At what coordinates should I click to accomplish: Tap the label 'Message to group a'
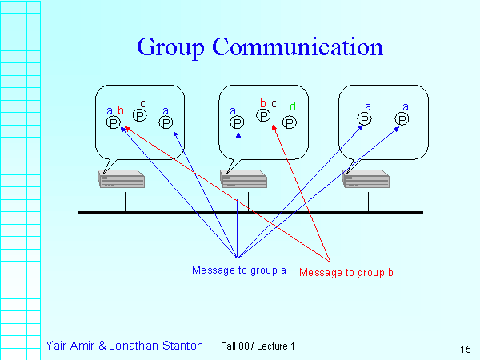239,270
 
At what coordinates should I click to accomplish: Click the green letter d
293,106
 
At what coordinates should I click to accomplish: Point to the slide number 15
466,349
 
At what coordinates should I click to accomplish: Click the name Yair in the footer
57,346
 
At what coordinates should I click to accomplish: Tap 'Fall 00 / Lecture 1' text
258,346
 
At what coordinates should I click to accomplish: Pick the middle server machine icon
243,179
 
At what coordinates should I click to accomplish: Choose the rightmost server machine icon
366,179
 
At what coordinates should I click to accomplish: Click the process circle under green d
290,122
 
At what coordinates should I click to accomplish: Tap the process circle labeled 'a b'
114,122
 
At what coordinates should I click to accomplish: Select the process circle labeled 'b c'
263,116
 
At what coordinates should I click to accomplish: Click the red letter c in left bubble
142,104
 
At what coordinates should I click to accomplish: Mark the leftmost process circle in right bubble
364,118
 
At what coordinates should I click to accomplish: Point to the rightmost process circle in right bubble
402,118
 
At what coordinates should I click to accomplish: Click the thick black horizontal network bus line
250,212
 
